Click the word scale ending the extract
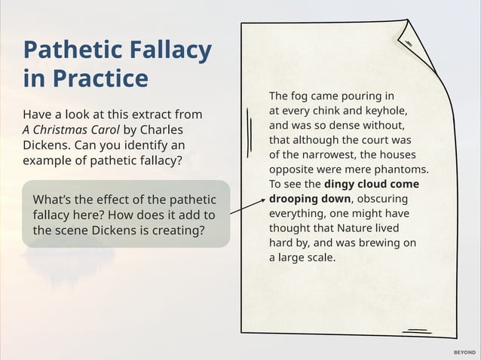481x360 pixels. (x=319, y=257)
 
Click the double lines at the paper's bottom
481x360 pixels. (x=416, y=331)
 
